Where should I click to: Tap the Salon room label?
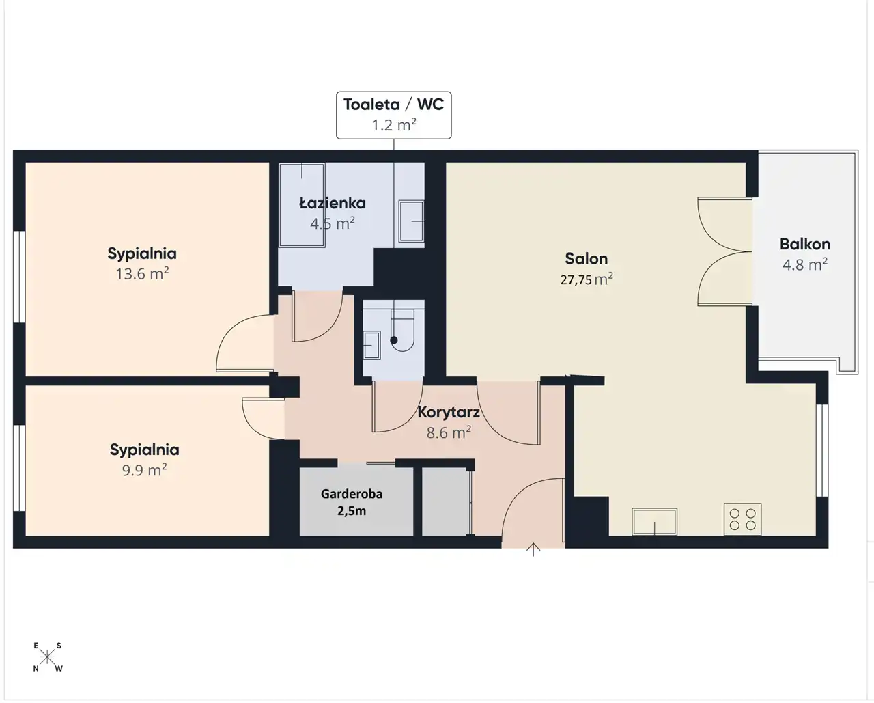pos(586,258)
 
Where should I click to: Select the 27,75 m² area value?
pos(587,279)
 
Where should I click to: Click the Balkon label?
pos(804,244)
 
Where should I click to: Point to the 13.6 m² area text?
pos(142,273)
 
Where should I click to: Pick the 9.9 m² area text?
pos(144,470)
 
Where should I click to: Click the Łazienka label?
pos(333,203)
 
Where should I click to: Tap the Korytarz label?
pos(449,412)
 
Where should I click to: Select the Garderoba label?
pos(351,494)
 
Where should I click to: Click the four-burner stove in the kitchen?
pos(742,519)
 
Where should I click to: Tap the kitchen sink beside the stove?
pos(654,521)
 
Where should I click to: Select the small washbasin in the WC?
pos(371,346)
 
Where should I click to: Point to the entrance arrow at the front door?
pos(533,549)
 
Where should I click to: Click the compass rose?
pos(48,657)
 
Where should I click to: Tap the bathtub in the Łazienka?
pos(302,205)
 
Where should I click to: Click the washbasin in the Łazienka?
pos(411,221)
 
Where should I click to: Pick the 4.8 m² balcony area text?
pos(804,264)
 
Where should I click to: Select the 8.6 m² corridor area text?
pos(449,432)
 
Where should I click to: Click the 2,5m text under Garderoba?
pos(351,511)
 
